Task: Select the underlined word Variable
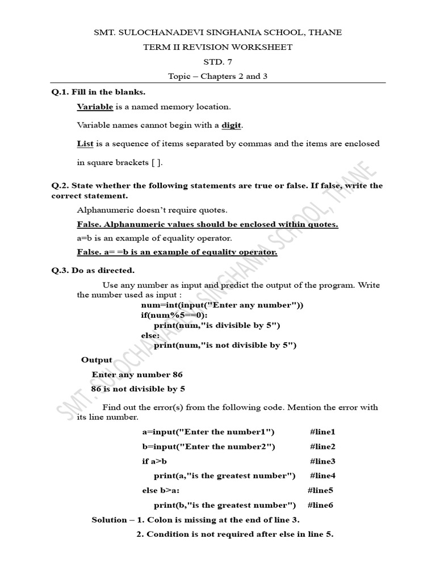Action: click(95, 107)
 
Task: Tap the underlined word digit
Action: click(233, 125)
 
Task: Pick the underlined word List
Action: click(85, 144)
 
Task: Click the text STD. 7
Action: click(217, 62)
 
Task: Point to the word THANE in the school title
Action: click(324, 32)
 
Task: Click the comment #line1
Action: click(322, 432)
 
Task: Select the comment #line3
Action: click(322, 461)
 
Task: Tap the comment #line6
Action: click(320, 505)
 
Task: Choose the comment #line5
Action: click(320, 490)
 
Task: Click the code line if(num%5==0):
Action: click(174, 315)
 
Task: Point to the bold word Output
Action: click(97, 360)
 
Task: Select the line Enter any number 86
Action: click(137, 374)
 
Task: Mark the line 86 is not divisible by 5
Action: click(138, 389)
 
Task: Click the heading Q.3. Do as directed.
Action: click(93, 270)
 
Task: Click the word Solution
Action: click(109, 520)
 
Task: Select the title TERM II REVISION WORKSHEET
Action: click(218, 47)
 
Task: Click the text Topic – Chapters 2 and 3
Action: click(217, 77)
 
